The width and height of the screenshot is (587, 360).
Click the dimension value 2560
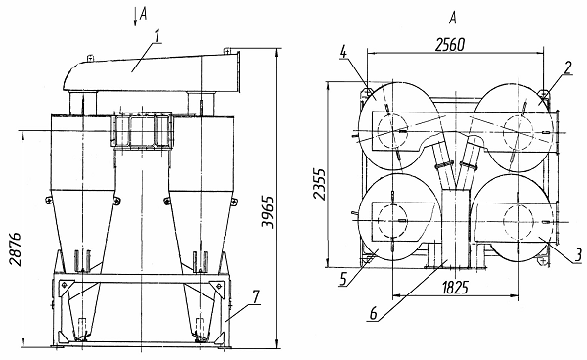click(x=450, y=45)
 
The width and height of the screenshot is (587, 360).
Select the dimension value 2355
click(x=319, y=184)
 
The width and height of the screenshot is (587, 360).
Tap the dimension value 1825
click(x=455, y=288)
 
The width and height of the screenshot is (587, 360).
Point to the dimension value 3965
click(x=268, y=211)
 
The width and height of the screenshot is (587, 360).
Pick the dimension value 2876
click(x=16, y=248)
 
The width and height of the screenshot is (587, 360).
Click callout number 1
click(x=158, y=36)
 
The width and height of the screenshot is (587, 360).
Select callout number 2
click(x=568, y=68)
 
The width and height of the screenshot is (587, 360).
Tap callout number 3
click(x=578, y=255)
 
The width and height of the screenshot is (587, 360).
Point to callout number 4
click(x=343, y=52)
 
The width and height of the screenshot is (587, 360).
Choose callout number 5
click(x=343, y=279)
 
